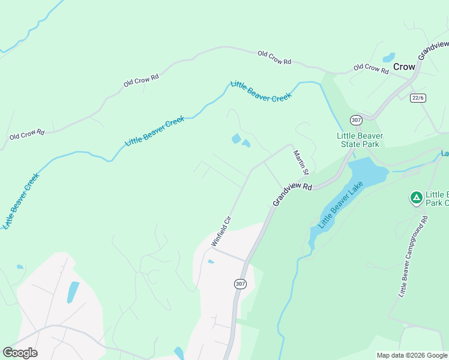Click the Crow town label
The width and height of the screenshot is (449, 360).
404,67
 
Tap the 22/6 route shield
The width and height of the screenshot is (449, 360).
418,98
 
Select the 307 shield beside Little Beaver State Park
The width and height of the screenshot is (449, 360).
356,120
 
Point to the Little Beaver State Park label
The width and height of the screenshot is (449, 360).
360,140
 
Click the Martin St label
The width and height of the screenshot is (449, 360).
300,163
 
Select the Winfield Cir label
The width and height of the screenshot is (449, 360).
221,231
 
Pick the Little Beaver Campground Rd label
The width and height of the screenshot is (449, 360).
413,257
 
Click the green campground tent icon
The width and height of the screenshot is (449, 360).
415,197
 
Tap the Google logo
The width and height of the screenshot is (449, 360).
20,353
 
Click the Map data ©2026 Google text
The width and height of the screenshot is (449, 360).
411,355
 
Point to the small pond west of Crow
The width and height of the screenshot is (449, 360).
389,58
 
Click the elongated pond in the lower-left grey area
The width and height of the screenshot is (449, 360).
73,292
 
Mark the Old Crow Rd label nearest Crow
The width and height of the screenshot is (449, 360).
370,68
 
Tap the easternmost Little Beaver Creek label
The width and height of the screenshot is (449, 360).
261,90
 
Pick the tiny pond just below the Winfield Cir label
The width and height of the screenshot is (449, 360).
211,262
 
